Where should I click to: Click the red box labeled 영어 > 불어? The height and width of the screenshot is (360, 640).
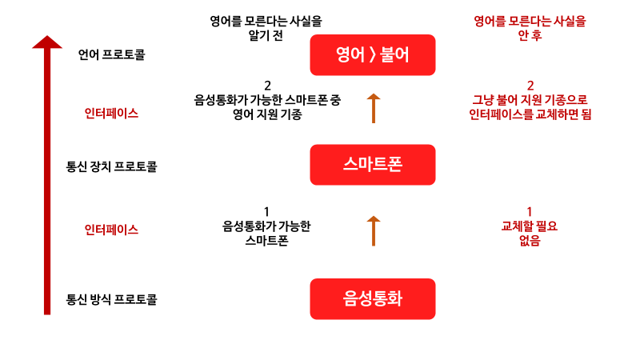(x=372, y=55)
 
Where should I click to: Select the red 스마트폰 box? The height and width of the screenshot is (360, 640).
(x=372, y=165)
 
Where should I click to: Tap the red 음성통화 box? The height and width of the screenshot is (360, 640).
(x=372, y=299)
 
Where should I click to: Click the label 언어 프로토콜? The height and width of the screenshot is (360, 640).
(x=112, y=55)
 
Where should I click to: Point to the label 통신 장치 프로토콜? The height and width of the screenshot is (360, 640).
(x=112, y=167)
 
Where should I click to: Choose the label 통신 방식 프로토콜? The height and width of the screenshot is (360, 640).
(x=112, y=301)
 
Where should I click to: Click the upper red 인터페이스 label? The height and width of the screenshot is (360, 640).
(x=111, y=113)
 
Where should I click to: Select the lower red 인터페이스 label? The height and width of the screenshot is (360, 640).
(x=111, y=229)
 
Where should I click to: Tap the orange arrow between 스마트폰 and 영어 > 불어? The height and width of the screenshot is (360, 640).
(x=373, y=107)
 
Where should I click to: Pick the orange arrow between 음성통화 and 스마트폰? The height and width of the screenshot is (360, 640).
(x=373, y=230)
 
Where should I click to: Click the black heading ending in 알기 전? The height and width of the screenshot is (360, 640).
(x=267, y=28)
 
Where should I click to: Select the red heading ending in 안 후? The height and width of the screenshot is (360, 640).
(x=529, y=28)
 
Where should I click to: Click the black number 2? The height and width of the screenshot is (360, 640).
(x=267, y=86)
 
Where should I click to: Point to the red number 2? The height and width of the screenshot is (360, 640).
(x=530, y=86)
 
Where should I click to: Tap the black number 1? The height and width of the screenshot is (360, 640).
(x=266, y=212)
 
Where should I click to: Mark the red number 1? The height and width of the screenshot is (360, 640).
(x=529, y=212)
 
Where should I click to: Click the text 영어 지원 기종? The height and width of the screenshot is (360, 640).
(x=267, y=114)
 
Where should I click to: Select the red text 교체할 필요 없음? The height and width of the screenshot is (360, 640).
(x=529, y=233)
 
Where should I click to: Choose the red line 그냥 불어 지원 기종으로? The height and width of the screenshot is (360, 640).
(x=530, y=100)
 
